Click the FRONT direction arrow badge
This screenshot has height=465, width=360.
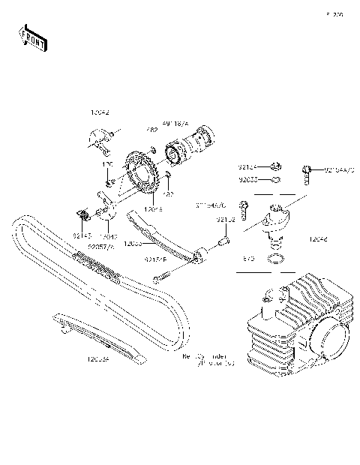coord(32,37)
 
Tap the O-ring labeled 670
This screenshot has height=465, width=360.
coord(277,259)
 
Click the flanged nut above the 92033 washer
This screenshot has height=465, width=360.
coord(276,166)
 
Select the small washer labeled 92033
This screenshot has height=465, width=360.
coord(277,180)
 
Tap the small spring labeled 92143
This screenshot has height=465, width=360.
coord(84,217)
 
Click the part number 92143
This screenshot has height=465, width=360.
coord(81,235)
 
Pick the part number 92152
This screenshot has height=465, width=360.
coord(226,220)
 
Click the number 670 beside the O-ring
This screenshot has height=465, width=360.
coord(249,257)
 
